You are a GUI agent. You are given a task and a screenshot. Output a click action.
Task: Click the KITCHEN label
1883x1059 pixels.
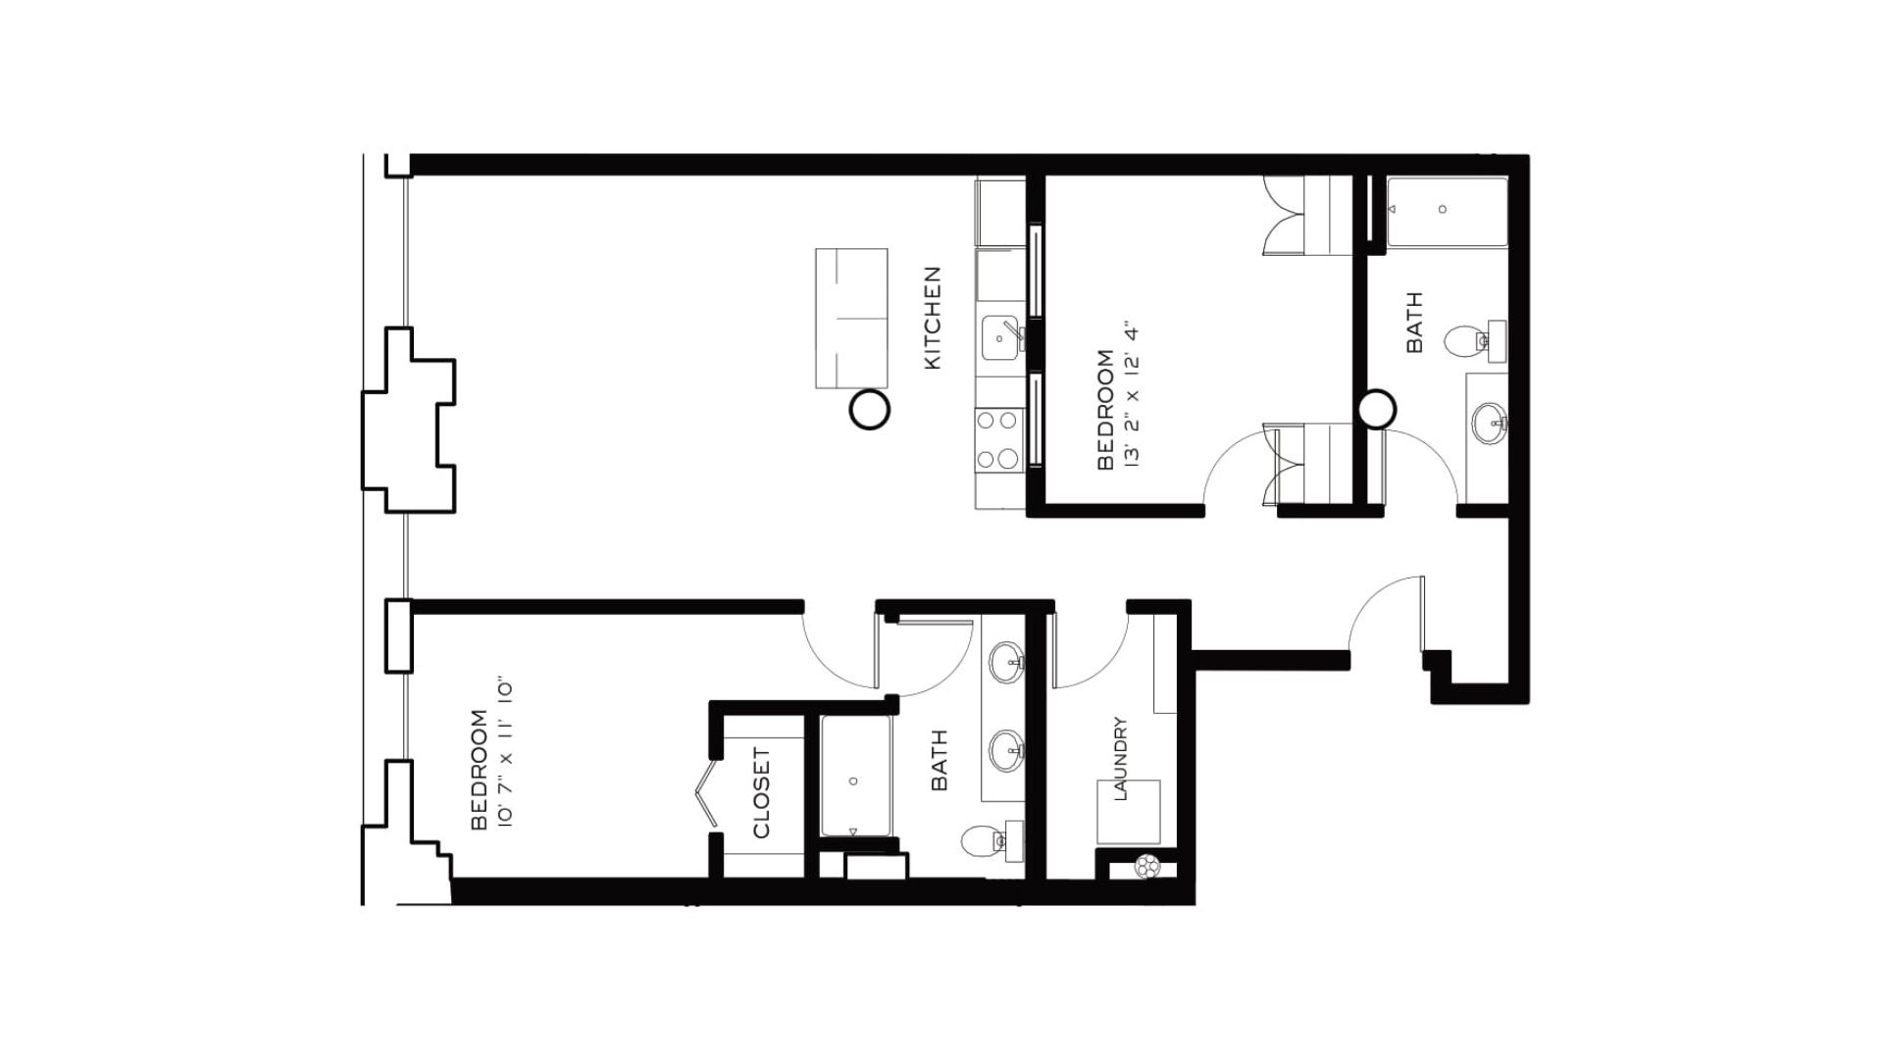coord(933,319)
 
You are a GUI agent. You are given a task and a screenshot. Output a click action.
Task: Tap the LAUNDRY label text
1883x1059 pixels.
coord(1121,759)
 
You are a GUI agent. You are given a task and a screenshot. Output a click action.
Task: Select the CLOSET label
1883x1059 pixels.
coord(762,793)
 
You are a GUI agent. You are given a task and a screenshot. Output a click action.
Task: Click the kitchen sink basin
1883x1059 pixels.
coord(999,339)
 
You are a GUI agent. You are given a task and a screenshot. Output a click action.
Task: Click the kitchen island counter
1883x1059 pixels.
coord(851,318)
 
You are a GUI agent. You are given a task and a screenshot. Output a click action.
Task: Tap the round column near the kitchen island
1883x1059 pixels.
coord(868,410)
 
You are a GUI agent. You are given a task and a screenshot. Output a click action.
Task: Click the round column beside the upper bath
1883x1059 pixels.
coord(1377,409)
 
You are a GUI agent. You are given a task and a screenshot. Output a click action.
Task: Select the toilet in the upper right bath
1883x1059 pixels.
coord(1467,341)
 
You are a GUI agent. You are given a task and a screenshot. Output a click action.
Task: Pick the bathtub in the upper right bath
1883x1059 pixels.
coord(1446,211)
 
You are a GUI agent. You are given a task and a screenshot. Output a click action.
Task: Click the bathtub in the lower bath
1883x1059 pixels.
coord(856,777)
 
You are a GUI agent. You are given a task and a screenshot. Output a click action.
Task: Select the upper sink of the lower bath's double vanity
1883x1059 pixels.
coord(1006,663)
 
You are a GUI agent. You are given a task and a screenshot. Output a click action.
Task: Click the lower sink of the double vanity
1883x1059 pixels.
coord(1006,751)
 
